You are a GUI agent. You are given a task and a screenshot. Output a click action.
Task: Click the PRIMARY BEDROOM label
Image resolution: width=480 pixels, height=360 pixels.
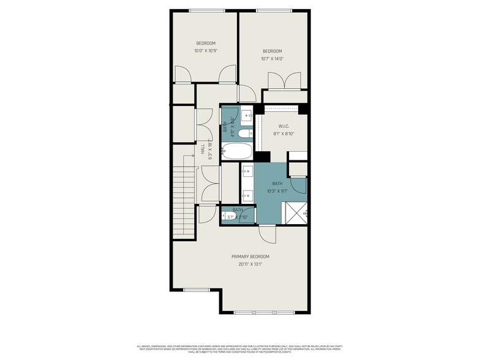[250, 257]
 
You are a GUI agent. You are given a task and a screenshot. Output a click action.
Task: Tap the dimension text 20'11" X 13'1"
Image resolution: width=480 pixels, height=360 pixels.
[250, 264]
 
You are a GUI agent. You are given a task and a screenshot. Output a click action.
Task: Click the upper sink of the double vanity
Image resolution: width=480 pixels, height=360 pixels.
[248, 171]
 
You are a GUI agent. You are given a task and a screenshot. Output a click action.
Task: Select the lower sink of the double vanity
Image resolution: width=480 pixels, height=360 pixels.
[248, 195]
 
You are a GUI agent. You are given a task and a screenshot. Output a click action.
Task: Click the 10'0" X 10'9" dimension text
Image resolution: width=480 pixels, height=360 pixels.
[206, 50]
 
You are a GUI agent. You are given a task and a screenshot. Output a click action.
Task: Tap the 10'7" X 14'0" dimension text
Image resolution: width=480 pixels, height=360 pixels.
[272, 58]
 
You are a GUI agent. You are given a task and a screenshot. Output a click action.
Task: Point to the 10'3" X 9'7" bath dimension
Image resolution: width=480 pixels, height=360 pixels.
[277, 190]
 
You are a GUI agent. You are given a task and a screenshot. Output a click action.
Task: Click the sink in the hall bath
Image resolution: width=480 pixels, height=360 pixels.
[246, 114]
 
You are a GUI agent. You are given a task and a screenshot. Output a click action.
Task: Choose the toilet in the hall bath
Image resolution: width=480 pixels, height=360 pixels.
[244, 134]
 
